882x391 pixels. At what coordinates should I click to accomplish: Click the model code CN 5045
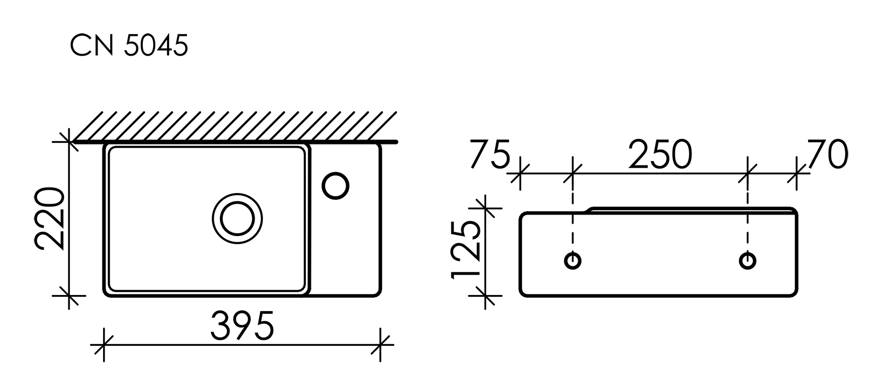[x=129, y=47]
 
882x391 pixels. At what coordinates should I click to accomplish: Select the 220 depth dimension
[x=51, y=219]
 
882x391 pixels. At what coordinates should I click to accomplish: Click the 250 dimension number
[x=660, y=155]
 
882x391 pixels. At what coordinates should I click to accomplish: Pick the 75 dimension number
[x=489, y=155]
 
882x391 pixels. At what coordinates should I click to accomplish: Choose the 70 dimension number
[x=827, y=155]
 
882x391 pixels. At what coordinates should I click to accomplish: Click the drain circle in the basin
[x=237, y=218]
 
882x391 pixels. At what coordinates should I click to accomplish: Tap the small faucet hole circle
[x=335, y=185]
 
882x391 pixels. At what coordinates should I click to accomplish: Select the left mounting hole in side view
[x=573, y=260]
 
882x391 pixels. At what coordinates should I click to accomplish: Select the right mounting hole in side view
[x=747, y=260]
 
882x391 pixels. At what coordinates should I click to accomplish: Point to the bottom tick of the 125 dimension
[x=485, y=296]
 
